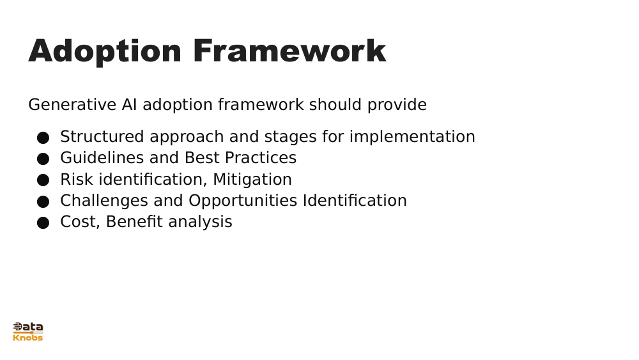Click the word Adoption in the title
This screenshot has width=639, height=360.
point(105,51)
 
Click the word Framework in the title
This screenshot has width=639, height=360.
point(289,51)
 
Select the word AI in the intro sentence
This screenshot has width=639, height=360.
point(129,105)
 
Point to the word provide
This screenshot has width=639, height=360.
point(396,105)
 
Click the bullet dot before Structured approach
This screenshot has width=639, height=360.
point(43,137)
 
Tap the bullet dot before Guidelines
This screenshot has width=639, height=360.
point(43,159)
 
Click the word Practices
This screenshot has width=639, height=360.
point(260,158)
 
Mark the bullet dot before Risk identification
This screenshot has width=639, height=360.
point(43,180)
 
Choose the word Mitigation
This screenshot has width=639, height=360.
point(252,180)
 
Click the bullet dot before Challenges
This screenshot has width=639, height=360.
point(43,201)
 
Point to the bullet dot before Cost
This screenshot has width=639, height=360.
point(43,223)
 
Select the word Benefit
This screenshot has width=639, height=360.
point(132,222)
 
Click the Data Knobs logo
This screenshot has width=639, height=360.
point(28,332)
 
